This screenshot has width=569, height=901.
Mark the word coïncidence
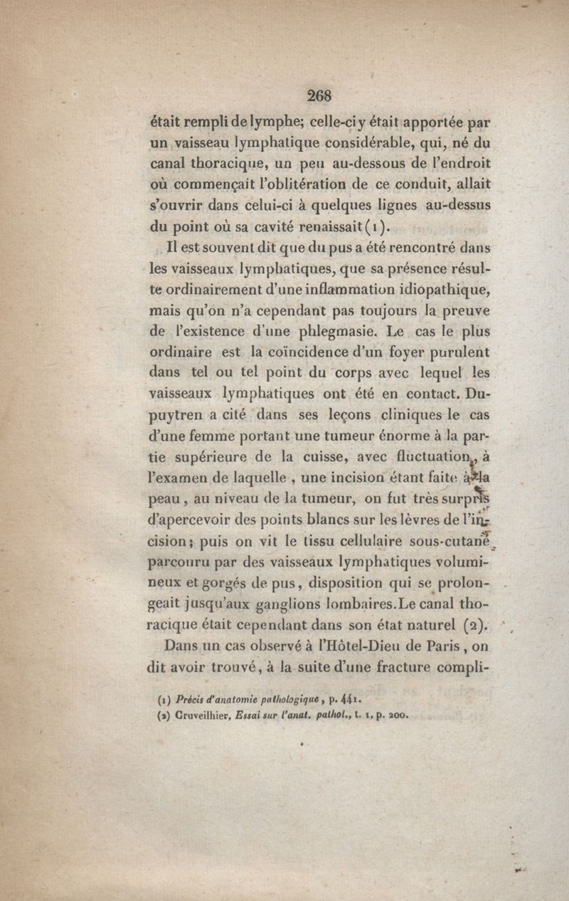[x=307, y=351]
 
